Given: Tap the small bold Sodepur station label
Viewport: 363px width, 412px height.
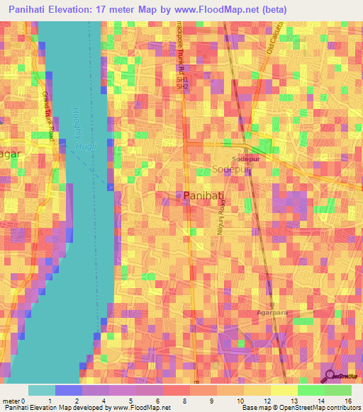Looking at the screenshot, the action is (244, 160).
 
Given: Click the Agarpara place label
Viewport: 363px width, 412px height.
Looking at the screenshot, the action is (272, 312).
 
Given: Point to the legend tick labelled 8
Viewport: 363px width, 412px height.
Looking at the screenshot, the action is (164, 401).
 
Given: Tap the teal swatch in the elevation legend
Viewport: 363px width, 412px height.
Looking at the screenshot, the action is (41, 390).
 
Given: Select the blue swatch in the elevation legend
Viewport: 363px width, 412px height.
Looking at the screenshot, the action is (68, 390).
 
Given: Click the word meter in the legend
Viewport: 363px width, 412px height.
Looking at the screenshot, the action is (11, 401).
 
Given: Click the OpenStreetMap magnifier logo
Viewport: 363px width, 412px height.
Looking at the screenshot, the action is (331, 377).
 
